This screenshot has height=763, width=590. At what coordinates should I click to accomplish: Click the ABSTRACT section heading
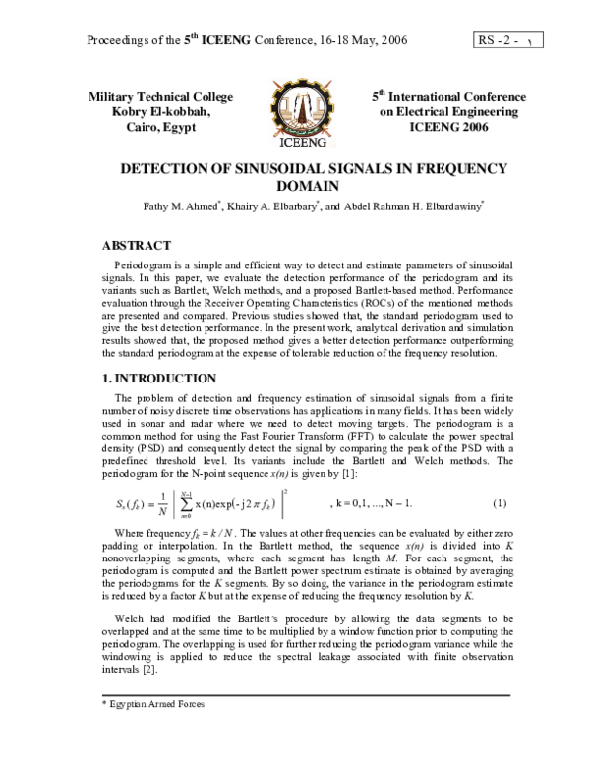(138, 245)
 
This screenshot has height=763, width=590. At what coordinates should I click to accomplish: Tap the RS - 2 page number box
(509, 41)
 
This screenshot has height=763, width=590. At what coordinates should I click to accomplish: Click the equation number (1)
(499, 504)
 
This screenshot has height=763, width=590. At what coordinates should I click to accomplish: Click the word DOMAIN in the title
(294, 186)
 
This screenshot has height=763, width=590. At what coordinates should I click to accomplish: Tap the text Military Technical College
(160, 97)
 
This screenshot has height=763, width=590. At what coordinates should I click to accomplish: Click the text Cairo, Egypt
(160, 129)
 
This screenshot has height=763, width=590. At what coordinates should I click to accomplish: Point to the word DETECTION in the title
(165, 168)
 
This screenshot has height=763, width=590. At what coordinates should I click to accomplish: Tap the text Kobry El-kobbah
(160, 113)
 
